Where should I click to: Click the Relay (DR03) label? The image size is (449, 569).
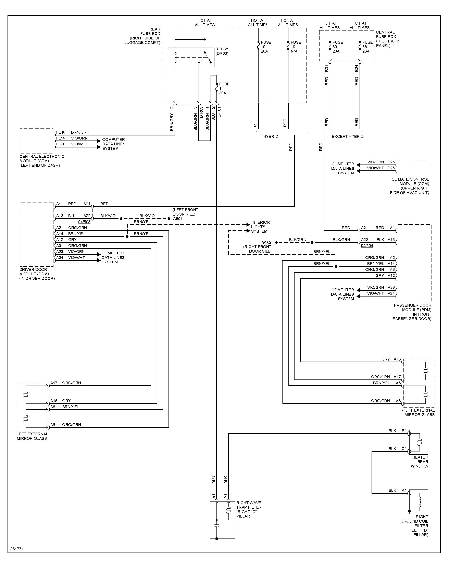pos(222,51)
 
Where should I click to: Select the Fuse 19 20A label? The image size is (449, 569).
pos(266,47)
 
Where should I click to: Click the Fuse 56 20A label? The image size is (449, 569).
pos(367,47)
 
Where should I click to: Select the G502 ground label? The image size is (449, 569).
pos(266,242)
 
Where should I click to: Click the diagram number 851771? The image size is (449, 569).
pos(17,549)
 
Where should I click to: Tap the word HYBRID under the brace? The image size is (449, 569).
pos(271,136)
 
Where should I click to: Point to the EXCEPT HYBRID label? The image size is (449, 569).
pos(348,136)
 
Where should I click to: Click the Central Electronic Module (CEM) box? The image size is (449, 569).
pos(37,141)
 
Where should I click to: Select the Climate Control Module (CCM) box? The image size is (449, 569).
pos(414,169)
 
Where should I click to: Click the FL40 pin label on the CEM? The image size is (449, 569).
pos(61,132)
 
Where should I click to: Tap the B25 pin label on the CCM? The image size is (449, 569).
pos(391,162)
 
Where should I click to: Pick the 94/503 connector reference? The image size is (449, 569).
pos(84,222)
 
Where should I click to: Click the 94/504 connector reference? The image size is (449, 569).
pos(367,246)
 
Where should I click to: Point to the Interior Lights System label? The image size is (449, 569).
pos(260,227)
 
